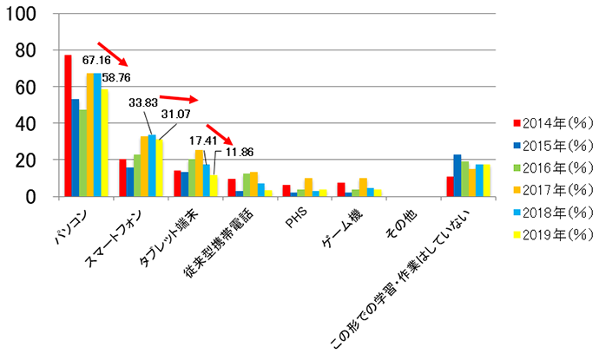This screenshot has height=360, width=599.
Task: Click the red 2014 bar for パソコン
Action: (68, 126)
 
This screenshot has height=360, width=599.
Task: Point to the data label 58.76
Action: (115, 77)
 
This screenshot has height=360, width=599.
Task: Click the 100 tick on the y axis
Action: (26, 15)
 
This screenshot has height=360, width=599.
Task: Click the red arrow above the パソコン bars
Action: (112, 53)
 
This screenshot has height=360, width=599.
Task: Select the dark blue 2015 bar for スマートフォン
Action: (129, 182)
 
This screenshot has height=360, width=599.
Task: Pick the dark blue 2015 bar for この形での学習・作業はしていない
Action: (457, 175)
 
